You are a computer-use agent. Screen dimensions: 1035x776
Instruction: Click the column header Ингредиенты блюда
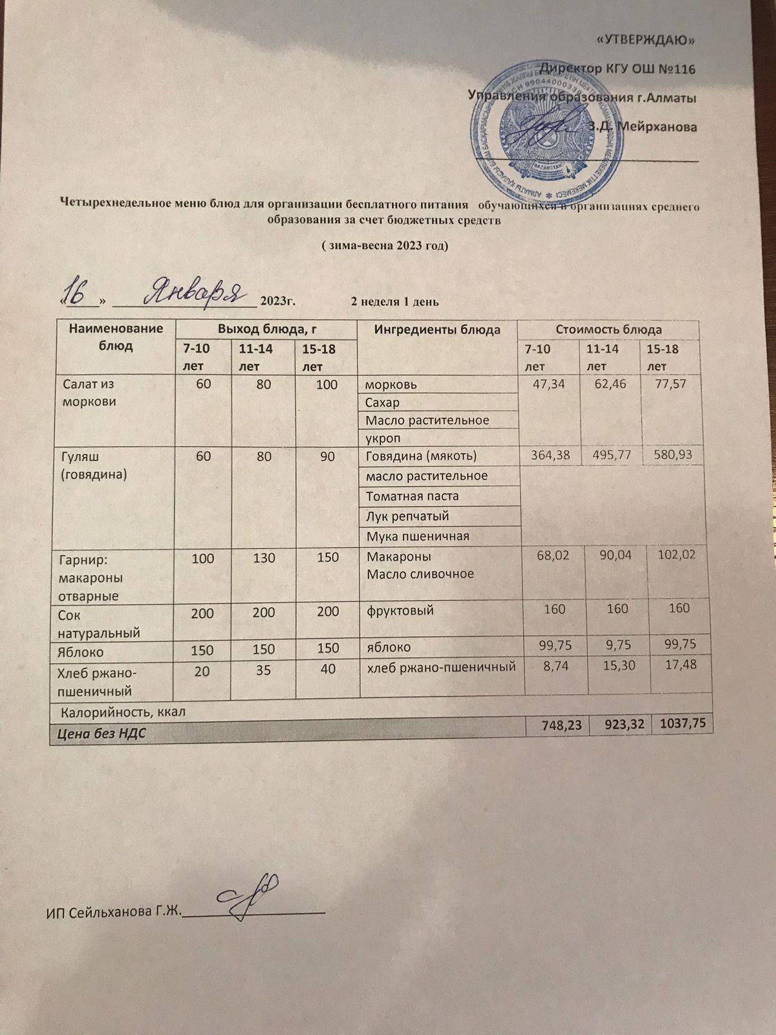coord(437,330)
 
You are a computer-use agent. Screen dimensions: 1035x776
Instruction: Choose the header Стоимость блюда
coord(609,330)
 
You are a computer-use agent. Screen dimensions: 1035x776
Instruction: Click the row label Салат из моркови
coord(89,393)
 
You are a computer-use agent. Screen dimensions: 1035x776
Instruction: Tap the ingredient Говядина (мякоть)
coord(421,456)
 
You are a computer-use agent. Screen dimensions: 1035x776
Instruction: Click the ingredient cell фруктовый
coord(400,610)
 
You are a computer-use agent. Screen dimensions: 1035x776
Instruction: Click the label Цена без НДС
coord(102,734)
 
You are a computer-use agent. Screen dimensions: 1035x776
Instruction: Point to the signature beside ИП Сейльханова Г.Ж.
coord(249,894)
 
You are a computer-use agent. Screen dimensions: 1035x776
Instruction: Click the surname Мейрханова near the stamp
coord(657,127)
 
